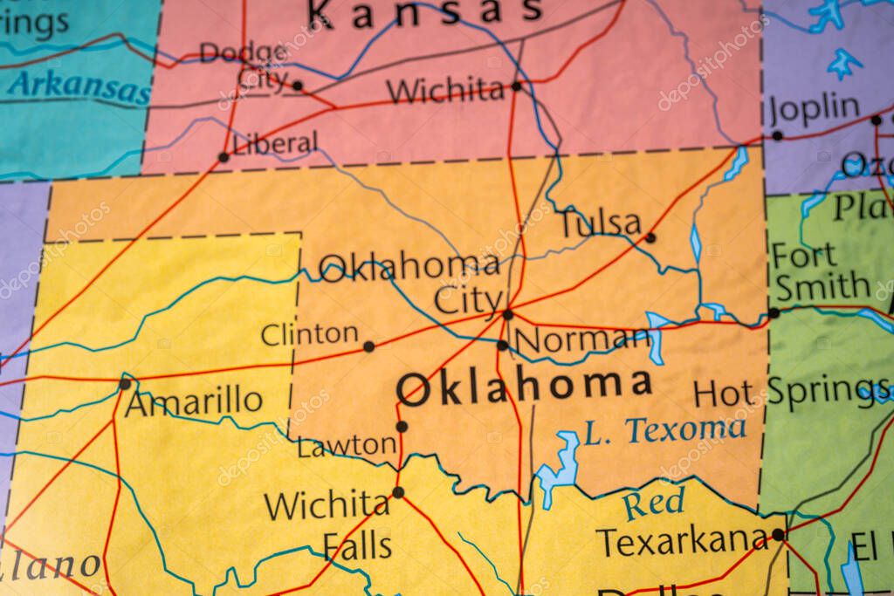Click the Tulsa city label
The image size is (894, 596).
coord(601,223)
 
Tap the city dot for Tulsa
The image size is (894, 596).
coord(650,236)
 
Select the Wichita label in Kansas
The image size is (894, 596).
coord(445,90)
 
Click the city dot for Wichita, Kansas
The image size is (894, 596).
coord(517,86)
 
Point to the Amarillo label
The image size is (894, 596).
coord(194,402)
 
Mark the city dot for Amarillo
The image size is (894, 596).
coord(125,383)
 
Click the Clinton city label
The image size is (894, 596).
coord(310,333)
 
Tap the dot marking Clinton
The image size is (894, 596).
coord(368,346)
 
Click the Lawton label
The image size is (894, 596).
coord(347,446)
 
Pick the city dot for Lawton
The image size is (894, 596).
coord(402,427)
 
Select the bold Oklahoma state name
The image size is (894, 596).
coord(524,386)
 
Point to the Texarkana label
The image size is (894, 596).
coord(683,542)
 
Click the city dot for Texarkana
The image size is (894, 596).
coord(778,534)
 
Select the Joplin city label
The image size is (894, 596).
coord(815,109)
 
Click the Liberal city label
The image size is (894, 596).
coord(275,143)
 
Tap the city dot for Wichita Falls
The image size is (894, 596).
coord(398,492)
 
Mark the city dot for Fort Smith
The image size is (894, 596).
coord(774,312)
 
